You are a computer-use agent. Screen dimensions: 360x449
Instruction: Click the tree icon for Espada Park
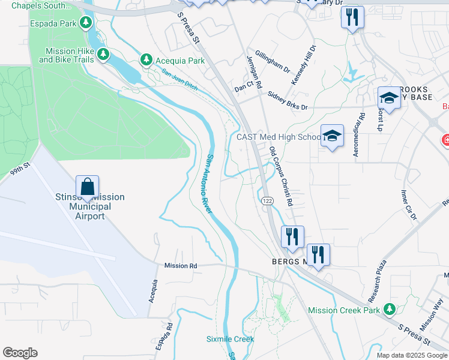[x=86, y=23]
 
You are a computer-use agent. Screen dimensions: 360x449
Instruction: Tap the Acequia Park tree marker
[x=146, y=60]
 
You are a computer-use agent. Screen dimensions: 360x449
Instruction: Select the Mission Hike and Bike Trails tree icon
[x=103, y=55]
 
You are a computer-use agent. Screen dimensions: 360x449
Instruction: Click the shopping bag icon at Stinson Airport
[x=87, y=187]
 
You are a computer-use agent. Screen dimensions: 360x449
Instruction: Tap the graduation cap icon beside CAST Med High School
[x=331, y=137]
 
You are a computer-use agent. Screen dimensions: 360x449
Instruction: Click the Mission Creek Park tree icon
[x=390, y=310]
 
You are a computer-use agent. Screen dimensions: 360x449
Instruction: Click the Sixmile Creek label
[x=230, y=339]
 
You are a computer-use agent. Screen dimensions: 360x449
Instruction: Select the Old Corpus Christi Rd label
[x=280, y=177]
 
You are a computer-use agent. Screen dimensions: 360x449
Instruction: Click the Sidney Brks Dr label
[x=288, y=101]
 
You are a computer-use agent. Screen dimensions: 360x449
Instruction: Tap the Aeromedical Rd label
[x=360, y=136]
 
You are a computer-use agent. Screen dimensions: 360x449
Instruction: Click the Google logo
[x=20, y=353]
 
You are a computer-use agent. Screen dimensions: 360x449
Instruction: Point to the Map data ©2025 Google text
[x=411, y=355]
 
